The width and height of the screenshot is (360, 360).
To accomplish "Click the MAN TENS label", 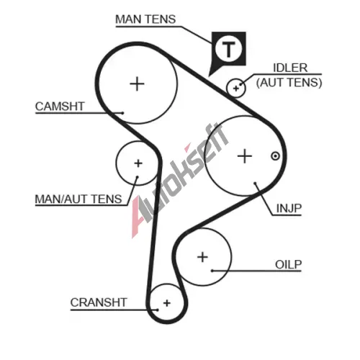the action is tap(145, 19).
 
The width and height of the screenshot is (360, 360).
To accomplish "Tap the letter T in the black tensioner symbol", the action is tap(228, 49).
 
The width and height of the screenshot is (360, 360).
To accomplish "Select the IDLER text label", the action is tap(290, 68).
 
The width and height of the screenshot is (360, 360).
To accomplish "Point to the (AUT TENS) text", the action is tap(289, 83).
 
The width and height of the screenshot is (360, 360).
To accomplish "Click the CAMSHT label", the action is tap(60, 107).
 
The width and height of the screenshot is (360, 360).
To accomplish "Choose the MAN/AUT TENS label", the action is tap(78, 199).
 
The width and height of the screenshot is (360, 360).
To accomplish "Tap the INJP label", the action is tap(289, 208).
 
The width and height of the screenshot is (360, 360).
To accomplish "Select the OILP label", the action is tap(288, 264).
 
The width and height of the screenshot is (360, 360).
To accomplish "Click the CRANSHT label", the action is tap(99, 302).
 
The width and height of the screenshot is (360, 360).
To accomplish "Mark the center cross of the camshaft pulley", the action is tap(137, 84).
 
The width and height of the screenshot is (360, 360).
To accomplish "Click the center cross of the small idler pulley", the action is tap(236, 89).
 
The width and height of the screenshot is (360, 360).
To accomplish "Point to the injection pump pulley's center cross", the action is tap(245, 156).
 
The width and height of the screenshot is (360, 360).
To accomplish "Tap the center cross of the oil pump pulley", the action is tap(202, 257).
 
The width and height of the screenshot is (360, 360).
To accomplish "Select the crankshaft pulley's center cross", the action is tap(167, 303).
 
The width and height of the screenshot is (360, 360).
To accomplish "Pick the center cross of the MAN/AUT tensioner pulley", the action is tap(138, 163).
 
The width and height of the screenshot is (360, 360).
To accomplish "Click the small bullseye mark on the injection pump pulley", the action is tap(275, 156).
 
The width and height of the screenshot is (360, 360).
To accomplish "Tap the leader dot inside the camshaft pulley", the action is tap(122, 113).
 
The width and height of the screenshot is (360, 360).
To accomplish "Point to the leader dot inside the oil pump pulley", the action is tap(212, 271).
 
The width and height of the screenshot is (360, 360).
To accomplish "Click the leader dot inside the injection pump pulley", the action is tap(255, 184).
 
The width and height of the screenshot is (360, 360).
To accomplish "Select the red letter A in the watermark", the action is tap(139, 217).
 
